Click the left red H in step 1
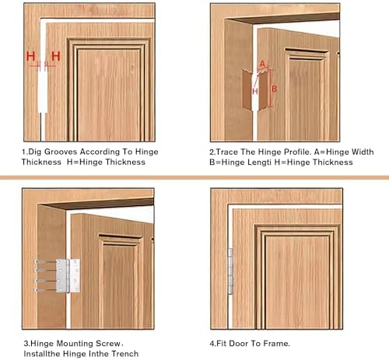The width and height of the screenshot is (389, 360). (31, 56)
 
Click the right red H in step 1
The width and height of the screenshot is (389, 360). (55, 56)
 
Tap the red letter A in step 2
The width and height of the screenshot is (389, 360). (262, 64)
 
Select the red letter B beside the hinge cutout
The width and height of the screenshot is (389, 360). (273, 88)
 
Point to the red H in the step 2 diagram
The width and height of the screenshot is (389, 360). (254, 91)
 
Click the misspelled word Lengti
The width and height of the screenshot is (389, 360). (262, 162)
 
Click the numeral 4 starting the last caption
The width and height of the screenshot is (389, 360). (212, 341)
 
